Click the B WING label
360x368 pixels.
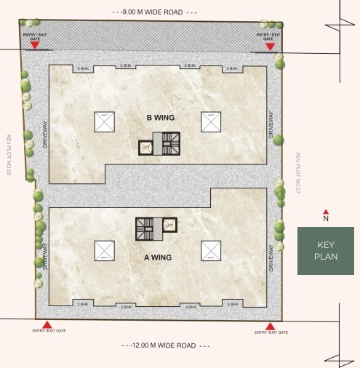click(158, 117)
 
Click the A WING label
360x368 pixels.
click(157, 257)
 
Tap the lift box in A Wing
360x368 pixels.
click(169, 225)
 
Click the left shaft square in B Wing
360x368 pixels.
click(104, 121)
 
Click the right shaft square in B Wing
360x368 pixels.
click(210, 121)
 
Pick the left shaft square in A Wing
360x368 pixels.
click(104, 250)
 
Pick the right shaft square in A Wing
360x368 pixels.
click(210, 250)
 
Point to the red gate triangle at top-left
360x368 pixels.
click(34, 47)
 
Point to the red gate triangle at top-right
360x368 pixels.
click(270, 47)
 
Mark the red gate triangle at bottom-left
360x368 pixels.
click(47, 325)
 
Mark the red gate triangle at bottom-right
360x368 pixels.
click(271, 325)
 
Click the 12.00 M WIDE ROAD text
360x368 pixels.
click(159, 345)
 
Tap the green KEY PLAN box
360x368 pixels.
click(325, 251)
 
